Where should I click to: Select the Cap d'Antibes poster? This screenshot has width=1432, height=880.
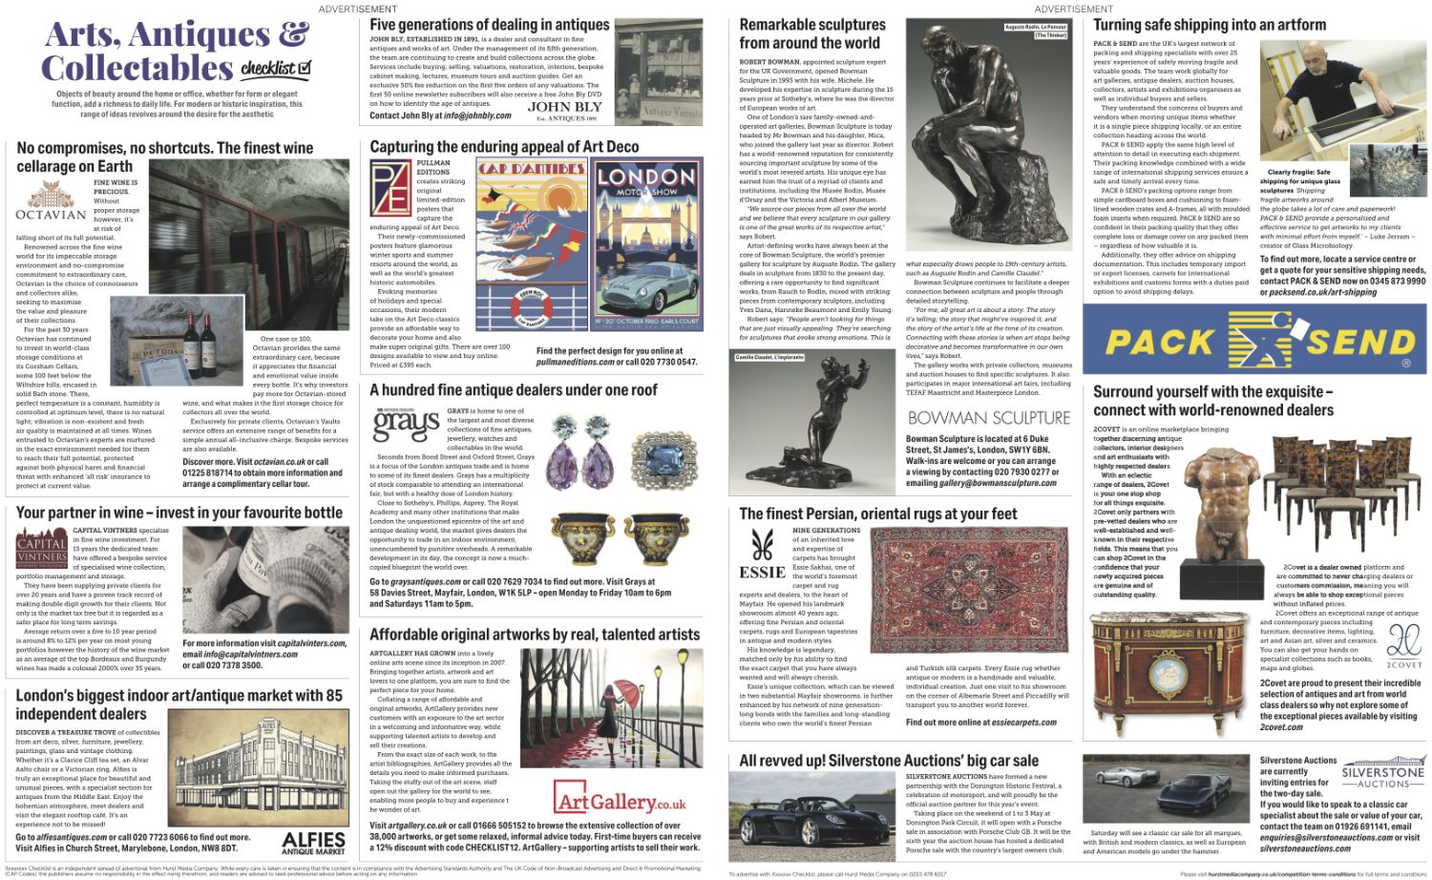point(532,244)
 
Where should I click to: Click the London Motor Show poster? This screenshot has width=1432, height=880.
point(646,244)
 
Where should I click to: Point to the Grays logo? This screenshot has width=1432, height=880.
point(405,425)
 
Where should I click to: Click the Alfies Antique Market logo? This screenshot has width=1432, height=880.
point(313,842)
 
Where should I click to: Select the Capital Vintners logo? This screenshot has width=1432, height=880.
point(41,550)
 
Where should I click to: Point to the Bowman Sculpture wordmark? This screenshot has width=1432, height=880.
point(988,418)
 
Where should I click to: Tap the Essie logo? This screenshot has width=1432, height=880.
point(762,555)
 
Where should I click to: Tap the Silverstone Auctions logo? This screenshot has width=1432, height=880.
point(1381,774)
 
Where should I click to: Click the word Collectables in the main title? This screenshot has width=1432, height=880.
point(137,69)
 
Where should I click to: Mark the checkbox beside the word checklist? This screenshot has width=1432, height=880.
point(304,68)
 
